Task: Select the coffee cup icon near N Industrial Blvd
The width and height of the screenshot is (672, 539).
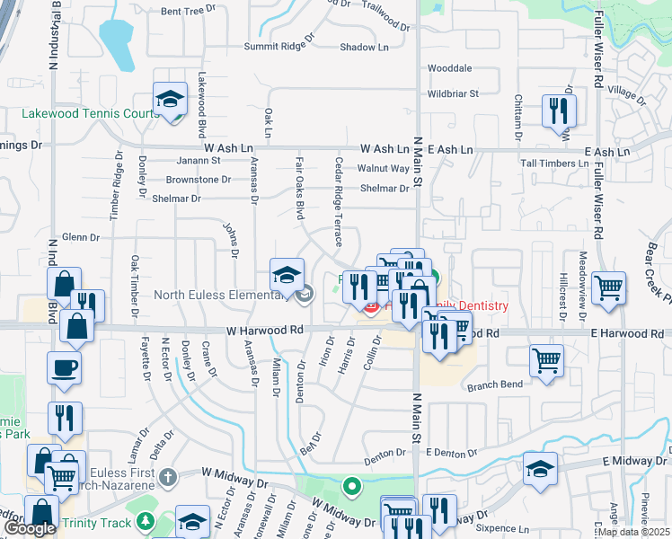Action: pyautogui.click(x=64, y=368)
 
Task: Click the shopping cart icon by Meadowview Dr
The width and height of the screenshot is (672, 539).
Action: pyautogui.click(x=609, y=288)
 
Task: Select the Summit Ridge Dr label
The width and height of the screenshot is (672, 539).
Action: pyautogui.click(x=279, y=46)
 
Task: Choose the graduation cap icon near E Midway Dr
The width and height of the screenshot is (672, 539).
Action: pyautogui.click(x=541, y=470)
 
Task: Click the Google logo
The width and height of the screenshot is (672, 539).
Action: pyautogui.click(x=30, y=528)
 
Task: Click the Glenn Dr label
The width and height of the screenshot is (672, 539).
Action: pyautogui.click(x=81, y=236)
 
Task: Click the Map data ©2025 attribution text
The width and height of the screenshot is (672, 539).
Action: pyautogui.click(x=633, y=532)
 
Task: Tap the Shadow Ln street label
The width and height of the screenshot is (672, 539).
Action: pyautogui.click(x=364, y=47)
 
